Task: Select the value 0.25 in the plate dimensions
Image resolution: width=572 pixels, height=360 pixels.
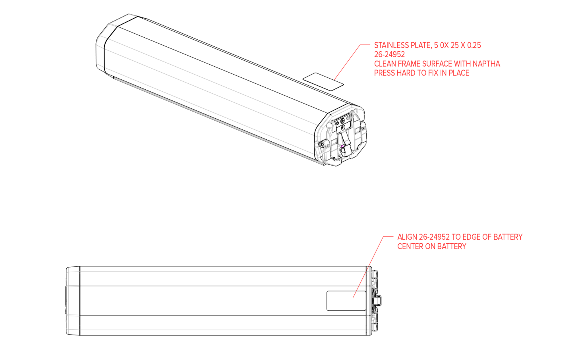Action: [474, 45]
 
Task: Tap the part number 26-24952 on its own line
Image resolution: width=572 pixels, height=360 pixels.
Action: [389, 54]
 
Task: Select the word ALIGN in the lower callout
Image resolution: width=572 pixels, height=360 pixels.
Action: [407, 237]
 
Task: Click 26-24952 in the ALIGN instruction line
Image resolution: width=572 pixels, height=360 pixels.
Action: [434, 237]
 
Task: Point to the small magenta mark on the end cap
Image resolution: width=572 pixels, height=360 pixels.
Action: [342, 146]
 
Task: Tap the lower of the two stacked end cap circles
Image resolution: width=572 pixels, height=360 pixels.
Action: [342, 127]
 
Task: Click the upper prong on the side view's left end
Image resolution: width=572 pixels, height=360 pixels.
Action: [73, 286]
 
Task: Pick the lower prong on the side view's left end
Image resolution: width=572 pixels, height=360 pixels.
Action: [73, 316]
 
